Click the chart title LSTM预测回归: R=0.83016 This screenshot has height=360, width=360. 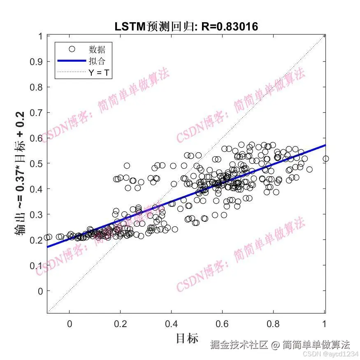click(x=186, y=27)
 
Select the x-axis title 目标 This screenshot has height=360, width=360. click(x=187, y=338)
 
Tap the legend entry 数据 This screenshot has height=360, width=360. click(x=97, y=49)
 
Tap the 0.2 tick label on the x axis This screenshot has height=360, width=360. click(x=120, y=323)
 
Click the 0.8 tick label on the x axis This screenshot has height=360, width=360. click(x=274, y=323)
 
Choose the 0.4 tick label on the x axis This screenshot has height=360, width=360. click(x=171, y=323)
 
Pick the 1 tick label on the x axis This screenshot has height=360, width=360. click(x=325, y=323)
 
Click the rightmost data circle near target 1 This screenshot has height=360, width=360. click(x=325, y=159)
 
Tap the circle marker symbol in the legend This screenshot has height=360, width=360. click(x=72, y=49)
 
